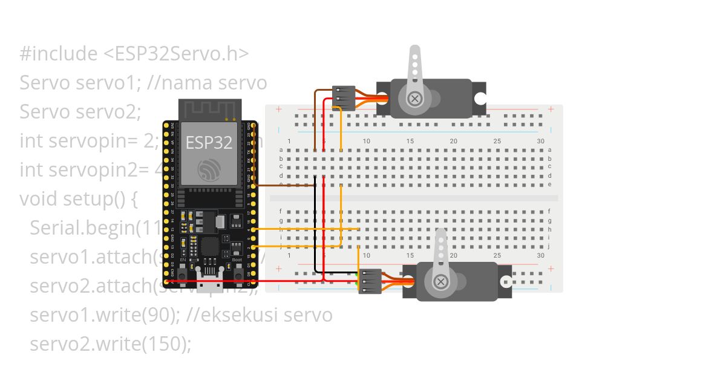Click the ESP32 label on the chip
click(x=209, y=143)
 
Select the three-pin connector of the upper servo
click(x=344, y=97)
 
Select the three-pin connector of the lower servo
click(x=370, y=281)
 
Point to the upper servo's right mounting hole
click(x=480, y=99)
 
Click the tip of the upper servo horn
click(x=414, y=51)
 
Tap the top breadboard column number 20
click(x=453, y=141)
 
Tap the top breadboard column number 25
click(x=497, y=141)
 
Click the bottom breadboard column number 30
click(x=540, y=255)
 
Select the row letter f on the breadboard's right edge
click(x=549, y=211)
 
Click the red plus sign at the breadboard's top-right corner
click(x=551, y=109)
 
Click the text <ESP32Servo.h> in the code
click(x=176, y=54)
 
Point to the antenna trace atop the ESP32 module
click(x=209, y=109)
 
